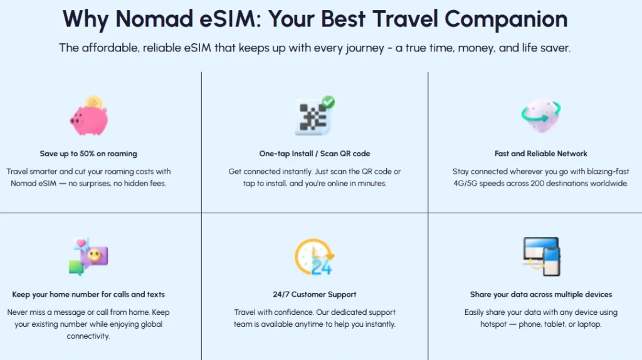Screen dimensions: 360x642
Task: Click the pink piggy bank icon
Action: pos(88,119)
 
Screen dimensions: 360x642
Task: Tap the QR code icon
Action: pos(313,117)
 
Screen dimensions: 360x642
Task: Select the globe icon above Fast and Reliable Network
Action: pos(540,115)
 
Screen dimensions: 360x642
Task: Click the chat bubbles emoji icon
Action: pos(88,257)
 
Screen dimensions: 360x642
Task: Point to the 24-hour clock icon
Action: pos(314,257)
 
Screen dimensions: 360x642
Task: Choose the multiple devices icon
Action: pos(540,257)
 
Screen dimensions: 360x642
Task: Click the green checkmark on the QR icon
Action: pos(327,102)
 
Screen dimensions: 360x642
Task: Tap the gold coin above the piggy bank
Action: pos(94,101)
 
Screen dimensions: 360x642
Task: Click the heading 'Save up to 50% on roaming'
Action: pos(88,154)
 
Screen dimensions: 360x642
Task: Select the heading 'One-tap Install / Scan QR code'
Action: pos(315,154)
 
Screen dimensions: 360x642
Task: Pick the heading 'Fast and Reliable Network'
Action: pos(540,154)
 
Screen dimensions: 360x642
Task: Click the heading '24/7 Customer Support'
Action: pos(315,295)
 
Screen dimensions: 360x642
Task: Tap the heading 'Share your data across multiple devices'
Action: pos(540,295)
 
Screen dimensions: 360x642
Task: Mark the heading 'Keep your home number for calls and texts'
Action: pos(88,295)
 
